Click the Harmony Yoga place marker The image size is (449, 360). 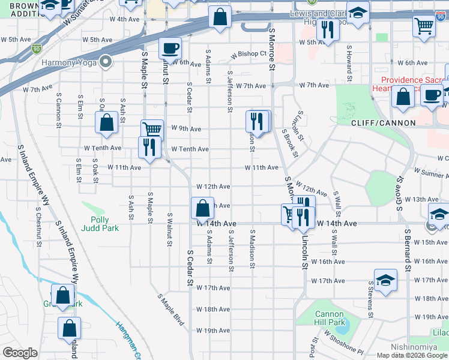(106, 62)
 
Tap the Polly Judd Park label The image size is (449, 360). (100, 224)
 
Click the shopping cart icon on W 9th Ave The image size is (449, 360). (152, 130)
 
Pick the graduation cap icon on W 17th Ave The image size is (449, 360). (385, 280)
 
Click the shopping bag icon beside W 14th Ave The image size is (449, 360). (202, 208)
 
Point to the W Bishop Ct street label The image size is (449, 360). (250, 54)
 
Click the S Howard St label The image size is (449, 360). (348, 67)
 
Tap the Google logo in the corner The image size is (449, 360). (20, 353)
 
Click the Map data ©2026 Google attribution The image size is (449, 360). (412, 355)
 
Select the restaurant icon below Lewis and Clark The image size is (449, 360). (327, 30)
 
